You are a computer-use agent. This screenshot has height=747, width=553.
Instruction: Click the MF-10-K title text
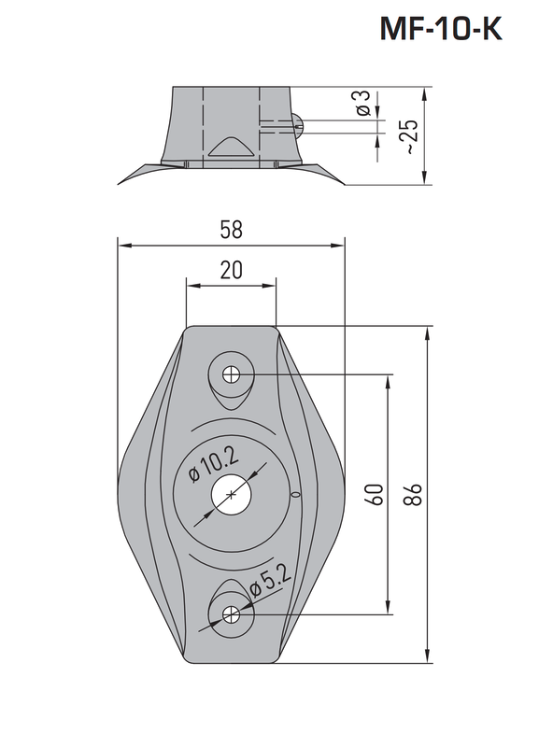(441, 30)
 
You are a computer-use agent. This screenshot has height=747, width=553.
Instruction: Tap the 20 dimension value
(231, 271)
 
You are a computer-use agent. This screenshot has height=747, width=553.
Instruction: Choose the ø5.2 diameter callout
(270, 584)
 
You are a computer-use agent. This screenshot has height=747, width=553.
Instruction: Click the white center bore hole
(231, 495)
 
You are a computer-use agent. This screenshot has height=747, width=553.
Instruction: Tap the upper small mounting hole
(231, 375)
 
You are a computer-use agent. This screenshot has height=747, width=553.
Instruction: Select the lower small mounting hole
(231, 615)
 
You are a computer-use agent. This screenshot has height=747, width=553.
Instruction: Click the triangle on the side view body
(228, 147)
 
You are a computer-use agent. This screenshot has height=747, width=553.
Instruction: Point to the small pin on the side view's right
(298, 121)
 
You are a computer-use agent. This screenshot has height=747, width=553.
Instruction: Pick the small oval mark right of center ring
(295, 495)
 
